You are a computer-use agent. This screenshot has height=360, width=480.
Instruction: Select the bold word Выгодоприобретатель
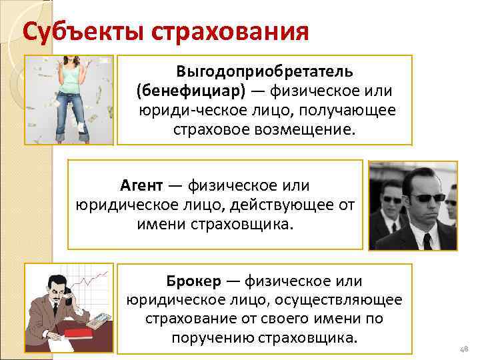265,70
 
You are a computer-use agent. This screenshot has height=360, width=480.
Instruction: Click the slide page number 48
464,350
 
